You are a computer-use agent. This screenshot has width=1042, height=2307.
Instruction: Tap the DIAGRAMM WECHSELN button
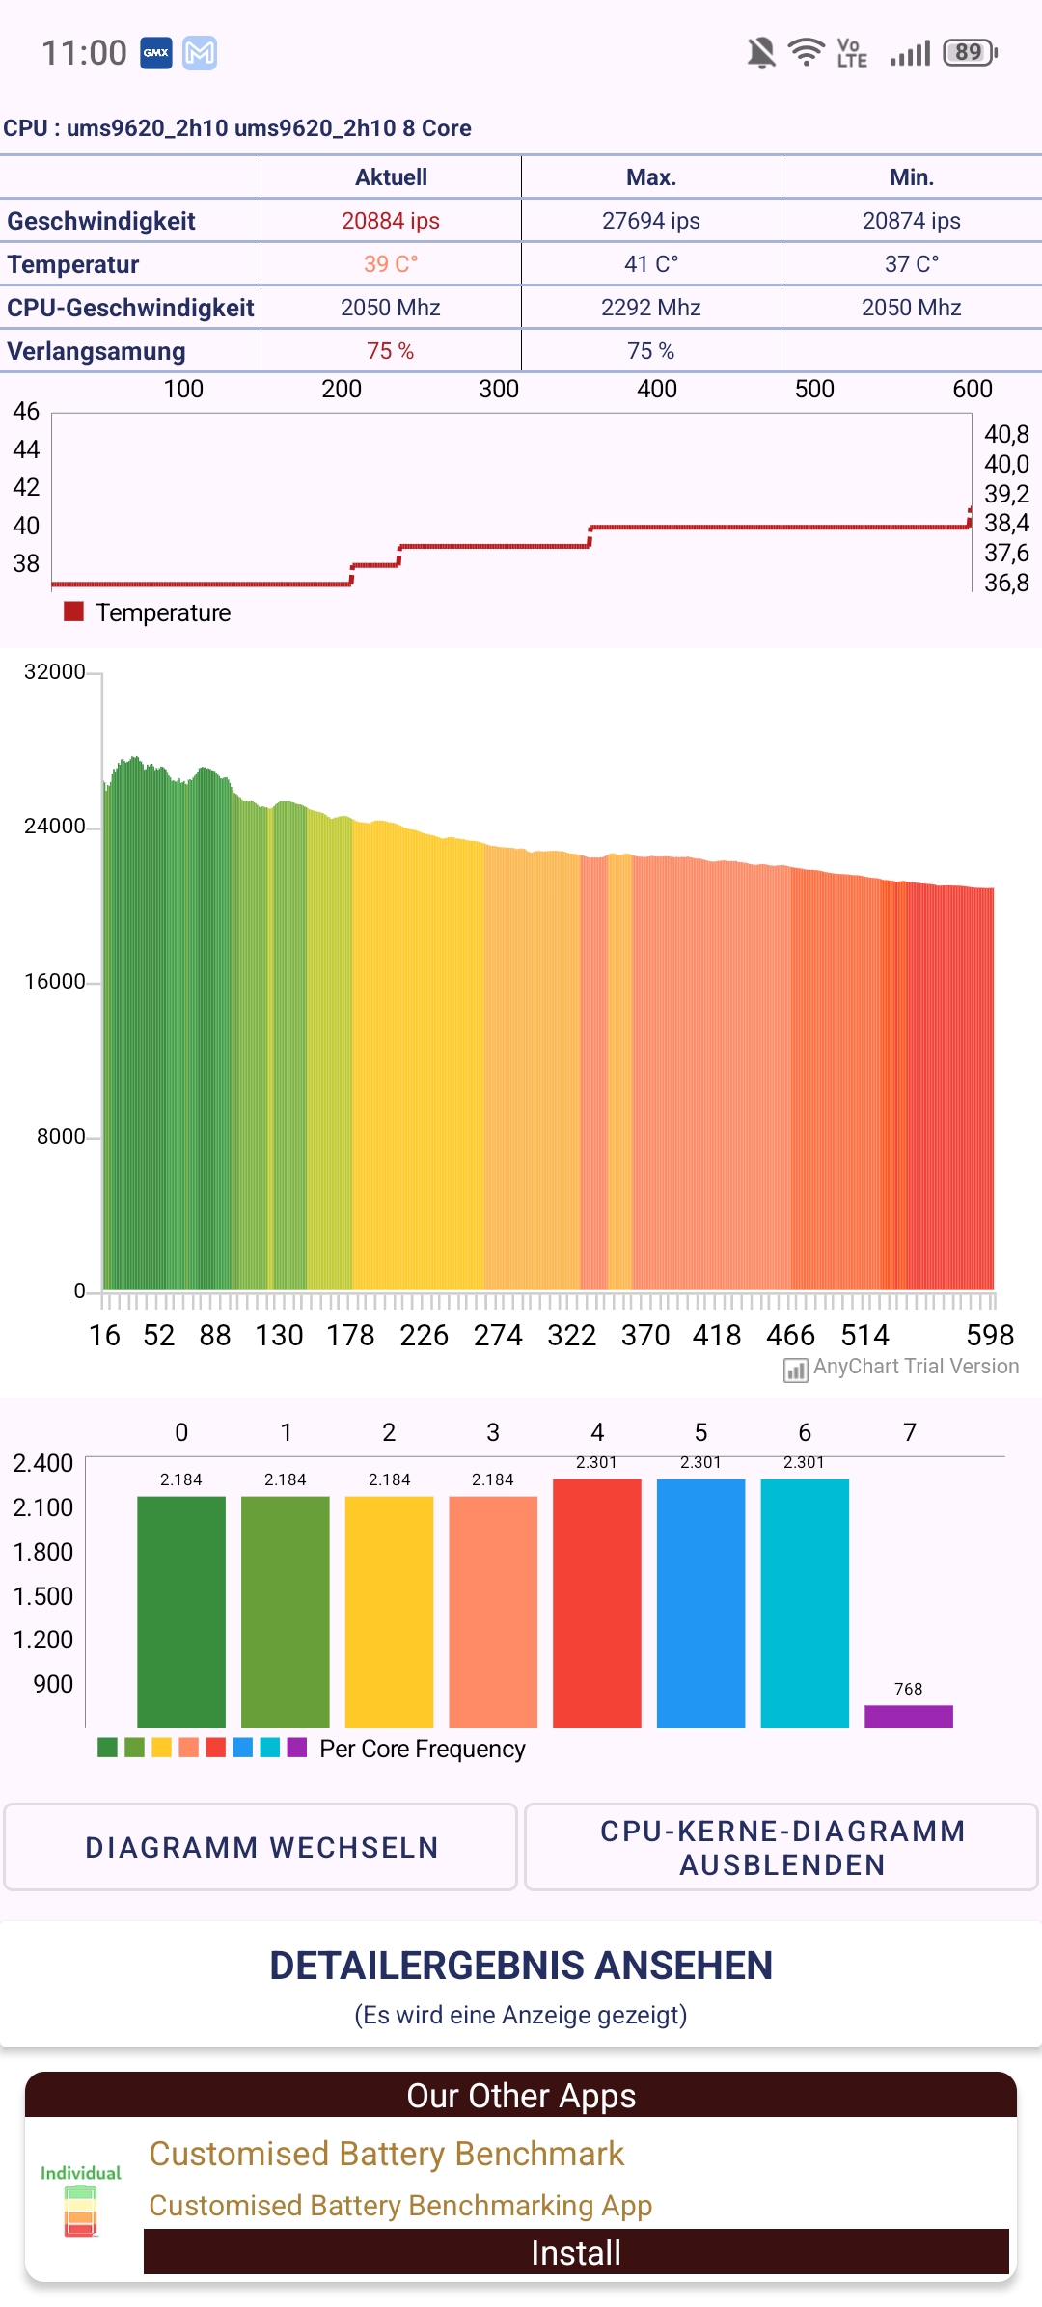[x=260, y=1847]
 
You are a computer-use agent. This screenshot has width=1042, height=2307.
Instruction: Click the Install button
[x=576, y=2252]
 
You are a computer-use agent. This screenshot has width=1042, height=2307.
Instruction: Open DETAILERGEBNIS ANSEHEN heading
[x=521, y=1965]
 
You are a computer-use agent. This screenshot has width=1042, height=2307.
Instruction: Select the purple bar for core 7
[x=908, y=1716]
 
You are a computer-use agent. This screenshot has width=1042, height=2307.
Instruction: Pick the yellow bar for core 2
[x=389, y=1611]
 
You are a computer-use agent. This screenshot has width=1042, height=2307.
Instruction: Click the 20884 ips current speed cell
[x=391, y=221]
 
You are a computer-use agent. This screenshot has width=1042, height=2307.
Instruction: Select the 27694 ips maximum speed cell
[x=651, y=221]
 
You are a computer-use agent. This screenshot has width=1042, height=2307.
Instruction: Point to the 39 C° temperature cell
[x=391, y=264]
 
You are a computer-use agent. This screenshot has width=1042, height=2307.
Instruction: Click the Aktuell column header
[x=391, y=177]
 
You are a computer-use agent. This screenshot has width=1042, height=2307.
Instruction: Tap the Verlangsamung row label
[x=96, y=351]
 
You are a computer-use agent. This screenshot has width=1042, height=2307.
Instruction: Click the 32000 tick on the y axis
[x=55, y=671]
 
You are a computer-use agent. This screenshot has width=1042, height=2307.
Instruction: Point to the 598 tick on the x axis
[x=990, y=1335]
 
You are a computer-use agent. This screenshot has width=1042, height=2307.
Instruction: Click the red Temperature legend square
[x=73, y=611]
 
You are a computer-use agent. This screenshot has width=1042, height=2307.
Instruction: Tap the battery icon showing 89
[x=970, y=52]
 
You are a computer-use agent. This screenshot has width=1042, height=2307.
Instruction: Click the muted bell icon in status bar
[x=761, y=52]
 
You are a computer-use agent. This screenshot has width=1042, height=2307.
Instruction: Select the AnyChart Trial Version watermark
[x=902, y=1367]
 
